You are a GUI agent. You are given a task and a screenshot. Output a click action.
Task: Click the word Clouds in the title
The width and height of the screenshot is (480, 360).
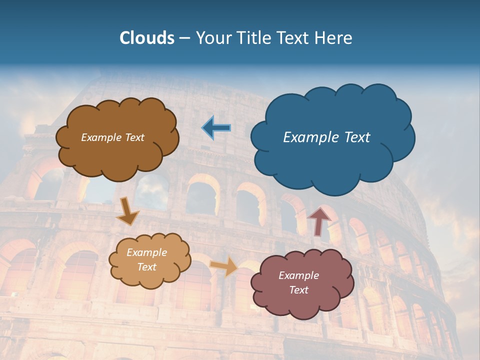click(x=146, y=38)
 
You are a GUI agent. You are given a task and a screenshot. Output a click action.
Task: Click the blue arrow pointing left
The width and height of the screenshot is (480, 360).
click(x=216, y=128)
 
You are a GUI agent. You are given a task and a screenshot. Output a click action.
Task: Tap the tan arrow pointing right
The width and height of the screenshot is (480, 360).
click(x=224, y=266)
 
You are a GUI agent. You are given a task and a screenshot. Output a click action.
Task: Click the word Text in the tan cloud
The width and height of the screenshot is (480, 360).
click(x=146, y=267)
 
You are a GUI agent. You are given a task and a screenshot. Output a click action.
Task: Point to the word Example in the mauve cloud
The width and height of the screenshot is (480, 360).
click(x=298, y=275)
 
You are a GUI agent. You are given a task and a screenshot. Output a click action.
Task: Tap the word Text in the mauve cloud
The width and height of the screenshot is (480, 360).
click(x=298, y=290)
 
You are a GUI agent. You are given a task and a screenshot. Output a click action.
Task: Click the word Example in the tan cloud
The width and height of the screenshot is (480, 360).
click(x=146, y=252)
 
